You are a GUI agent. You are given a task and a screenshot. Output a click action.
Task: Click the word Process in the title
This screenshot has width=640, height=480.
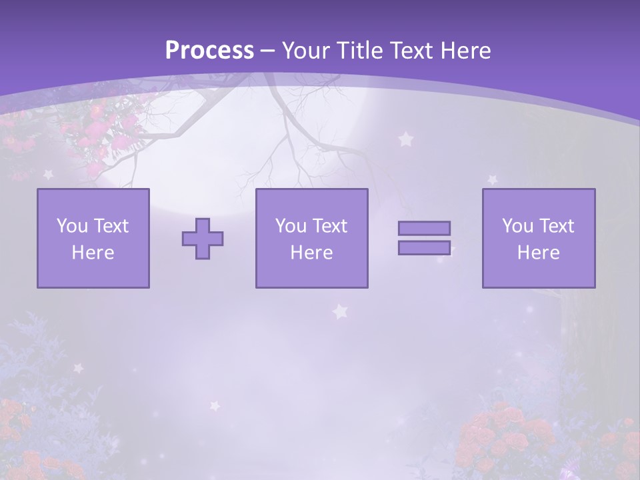[209, 51]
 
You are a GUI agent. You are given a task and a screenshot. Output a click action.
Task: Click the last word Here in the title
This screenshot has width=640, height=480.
[465, 51]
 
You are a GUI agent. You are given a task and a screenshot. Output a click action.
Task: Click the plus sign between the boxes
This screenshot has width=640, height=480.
[203, 239]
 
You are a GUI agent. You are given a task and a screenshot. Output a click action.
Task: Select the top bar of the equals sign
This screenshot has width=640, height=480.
[424, 228]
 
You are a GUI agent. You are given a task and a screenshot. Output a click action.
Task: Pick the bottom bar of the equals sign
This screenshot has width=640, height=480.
[424, 248]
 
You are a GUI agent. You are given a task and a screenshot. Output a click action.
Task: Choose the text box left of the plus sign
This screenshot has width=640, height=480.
[93, 238]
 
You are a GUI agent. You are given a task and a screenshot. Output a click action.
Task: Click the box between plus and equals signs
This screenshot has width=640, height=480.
[312, 238]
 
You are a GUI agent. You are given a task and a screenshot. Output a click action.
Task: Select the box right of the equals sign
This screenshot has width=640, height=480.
[539, 238]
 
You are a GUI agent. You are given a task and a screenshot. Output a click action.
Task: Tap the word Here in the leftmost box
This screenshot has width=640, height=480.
[93, 253]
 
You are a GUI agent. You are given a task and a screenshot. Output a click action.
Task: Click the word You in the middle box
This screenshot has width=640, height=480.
[291, 226]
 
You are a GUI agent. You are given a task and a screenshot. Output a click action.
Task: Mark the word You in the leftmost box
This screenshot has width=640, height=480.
[72, 226]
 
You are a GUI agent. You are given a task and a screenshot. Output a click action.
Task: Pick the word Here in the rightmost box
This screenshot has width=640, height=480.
[539, 253]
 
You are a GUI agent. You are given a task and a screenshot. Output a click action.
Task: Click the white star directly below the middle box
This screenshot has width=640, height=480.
[341, 311]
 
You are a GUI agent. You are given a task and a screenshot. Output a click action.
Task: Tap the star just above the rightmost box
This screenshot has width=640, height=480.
[492, 179]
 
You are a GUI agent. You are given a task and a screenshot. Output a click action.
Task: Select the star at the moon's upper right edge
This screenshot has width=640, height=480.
[405, 139]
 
